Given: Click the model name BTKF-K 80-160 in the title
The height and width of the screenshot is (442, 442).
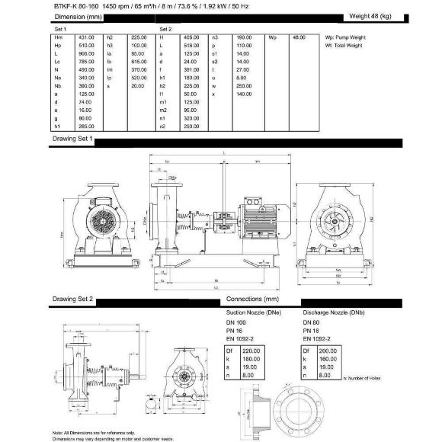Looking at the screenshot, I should point(77,6).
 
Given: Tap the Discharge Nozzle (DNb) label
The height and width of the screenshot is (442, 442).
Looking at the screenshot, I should point(333,312).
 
